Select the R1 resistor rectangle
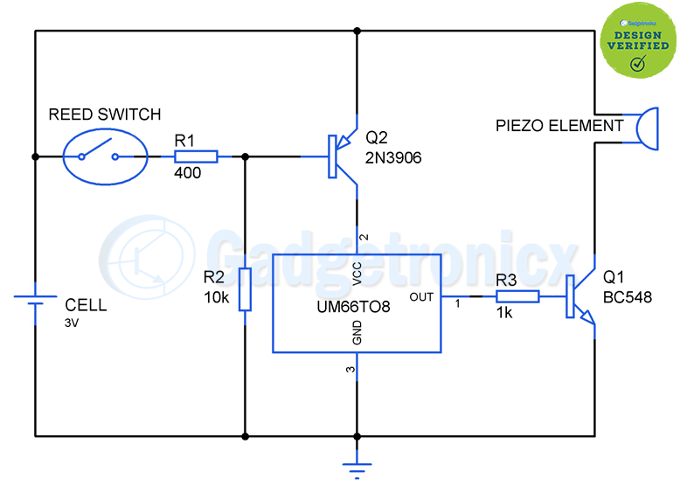click(196, 156)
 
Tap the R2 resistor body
click(245, 289)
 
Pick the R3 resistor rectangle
click(517, 296)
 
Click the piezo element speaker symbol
click(648, 128)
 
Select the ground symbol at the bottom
click(357, 465)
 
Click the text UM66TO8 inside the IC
click(353, 307)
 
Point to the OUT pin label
click(421, 297)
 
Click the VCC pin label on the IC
click(357, 274)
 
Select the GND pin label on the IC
click(357, 332)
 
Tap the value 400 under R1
click(187, 173)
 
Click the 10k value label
click(217, 297)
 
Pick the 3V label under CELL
click(72, 323)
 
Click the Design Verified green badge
click(638, 41)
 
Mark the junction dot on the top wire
click(357, 31)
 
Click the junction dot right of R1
click(245, 156)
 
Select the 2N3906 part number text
click(393, 158)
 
